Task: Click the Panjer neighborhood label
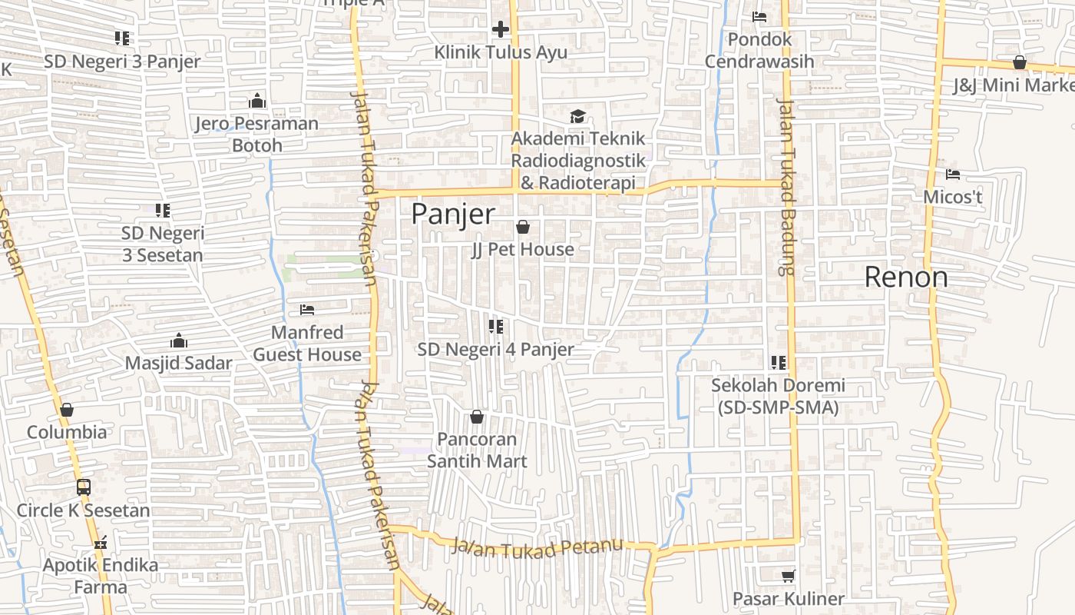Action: pyautogui.click(x=453, y=214)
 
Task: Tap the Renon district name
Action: pyautogui.click(x=906, y=277)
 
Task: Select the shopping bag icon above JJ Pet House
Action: pyautogui.click(x=523, y=227)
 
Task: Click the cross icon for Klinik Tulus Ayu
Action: pyautogui.click(x=501, y=29)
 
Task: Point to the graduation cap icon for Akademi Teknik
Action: pyautogui.click(x=577, y=116)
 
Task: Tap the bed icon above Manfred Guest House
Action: pyautogui.click(x=307, y=310)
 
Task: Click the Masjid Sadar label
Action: pyautogui.click(x=178, y=363)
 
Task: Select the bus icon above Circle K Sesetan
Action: pyautogui.click(x=84, y=487)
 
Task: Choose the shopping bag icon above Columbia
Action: pyautogui.click(x=67, y=410)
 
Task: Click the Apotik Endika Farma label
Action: pyautogui.click(x=101, y=576)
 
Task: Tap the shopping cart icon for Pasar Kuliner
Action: pyautogui.click(x=788, y=576)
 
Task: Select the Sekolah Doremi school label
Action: pyautogui.click(x=778, y=396)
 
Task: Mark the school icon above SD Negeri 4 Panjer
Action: pyautogui.click(x=496, y=327)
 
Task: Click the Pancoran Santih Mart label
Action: pyautogui.click(x=477, y=450)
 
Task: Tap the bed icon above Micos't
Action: pyautogui.click(x=953, y=175)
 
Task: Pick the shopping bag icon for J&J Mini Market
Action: pyautogui.click(x=1020, y=62)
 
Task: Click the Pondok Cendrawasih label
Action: pyautogui.click(x=759, y=50)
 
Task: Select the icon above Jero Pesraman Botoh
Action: pyautogui.click(x=257, y=101)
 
